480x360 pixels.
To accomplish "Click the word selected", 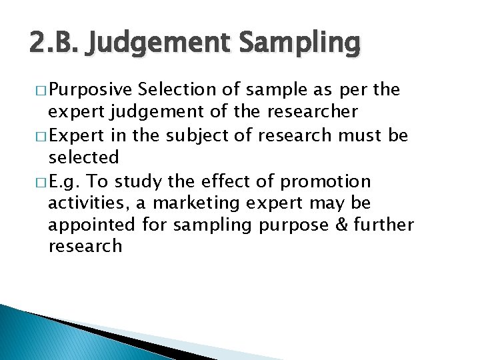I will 83,157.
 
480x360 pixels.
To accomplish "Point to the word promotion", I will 327,180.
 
